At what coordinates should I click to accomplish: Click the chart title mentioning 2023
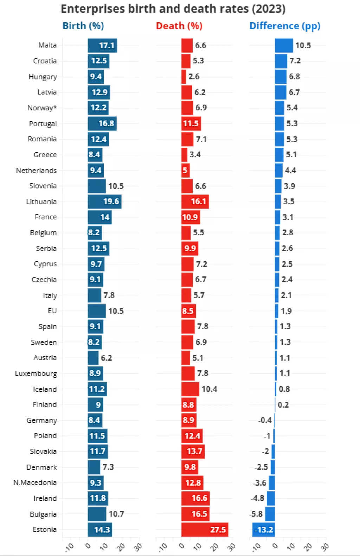pyautogui.click(x=173, y=9)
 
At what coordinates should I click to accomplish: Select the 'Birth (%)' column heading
pyautogui.click(x=83, y=26)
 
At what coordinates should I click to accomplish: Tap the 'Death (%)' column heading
pyautogui.click(x=179, y=26)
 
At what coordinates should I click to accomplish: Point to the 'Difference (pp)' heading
pyautogui.click(x=285, y=26)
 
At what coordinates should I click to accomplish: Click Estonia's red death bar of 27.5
pyautogui.click(x=205, y=530)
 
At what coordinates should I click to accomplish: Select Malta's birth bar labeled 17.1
pyautogui.click(x=102, y=45)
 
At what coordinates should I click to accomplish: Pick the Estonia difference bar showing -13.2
pyautogui.click(x=264, y=530)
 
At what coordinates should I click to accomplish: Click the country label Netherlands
pyautogui.click(x=37, y=171)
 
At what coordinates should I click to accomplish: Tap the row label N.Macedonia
pyautogui.click(x=35, y=482)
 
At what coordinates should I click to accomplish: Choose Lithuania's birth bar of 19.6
pyautogui.click(x=104, y=202)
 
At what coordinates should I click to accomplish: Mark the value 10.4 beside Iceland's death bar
pyautogui.click(x=209, y=389)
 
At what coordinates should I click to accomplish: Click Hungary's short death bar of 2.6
pyautogui.click(x=184, y=77)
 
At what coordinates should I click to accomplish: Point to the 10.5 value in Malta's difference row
pyautogui.click(x=303, y=45)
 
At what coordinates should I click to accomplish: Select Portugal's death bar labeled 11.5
pyautogui.click(x=191, y=123)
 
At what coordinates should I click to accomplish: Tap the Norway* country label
pyautogui.click(x=42, y=108)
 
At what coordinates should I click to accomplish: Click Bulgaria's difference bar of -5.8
pyautogui.click(x=270, y=514)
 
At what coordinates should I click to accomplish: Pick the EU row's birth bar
pyautogui.click(x=97, y=311)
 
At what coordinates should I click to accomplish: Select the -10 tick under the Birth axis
pyautogui.click(x=69, y=547)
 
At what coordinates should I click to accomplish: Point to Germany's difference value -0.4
pyautogui.click(x=265, y=420)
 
